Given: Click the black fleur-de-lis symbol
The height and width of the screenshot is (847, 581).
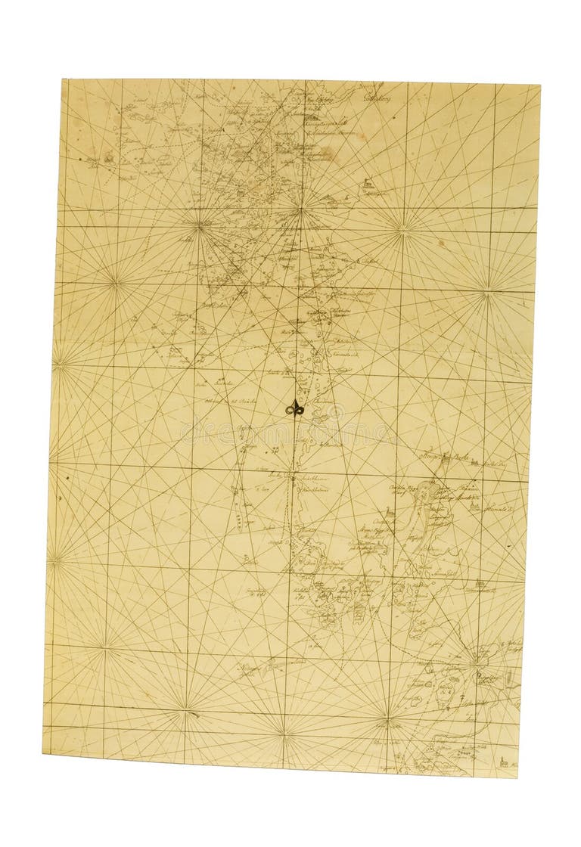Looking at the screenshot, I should (295, 408).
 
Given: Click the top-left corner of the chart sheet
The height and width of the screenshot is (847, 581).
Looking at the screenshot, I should (64, 79).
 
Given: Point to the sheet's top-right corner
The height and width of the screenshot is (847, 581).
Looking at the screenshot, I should (539, 85).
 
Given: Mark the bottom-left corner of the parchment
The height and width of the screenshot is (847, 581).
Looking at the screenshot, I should (43, 752).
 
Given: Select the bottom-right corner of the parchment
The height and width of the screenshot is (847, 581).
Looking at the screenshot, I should (517, 777).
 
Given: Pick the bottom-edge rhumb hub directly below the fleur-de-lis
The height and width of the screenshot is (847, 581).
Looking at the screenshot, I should (284, 732).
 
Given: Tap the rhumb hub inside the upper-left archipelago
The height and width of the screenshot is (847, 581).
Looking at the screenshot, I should (200, 224).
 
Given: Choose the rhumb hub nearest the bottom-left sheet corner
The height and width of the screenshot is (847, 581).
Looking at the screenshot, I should (104, 647).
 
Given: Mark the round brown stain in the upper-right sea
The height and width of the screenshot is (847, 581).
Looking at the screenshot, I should (440, 244).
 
